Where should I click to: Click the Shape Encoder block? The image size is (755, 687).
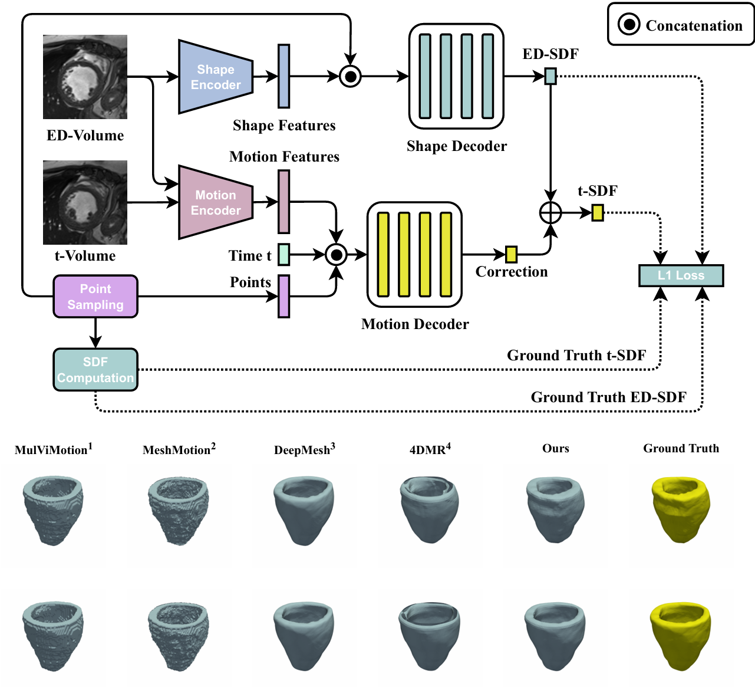click(216, 77)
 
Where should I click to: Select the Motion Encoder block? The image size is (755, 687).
click(216, 202)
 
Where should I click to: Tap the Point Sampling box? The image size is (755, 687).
click(95, 297)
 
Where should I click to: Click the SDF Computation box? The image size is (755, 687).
click(95, 370)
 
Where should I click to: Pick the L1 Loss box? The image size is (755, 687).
click(681, 275)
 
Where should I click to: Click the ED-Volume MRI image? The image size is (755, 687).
click(85, 77)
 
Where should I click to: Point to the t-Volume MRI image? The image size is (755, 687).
click(85, 202)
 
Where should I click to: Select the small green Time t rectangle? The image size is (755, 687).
click(283, 254)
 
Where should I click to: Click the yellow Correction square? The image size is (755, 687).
click(511, 254)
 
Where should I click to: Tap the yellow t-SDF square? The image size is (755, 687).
click(598, 212)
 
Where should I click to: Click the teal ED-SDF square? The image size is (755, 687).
click(550, 76)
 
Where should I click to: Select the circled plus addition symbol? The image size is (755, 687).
click(550, 212)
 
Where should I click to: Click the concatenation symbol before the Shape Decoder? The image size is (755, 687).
click(351, 76)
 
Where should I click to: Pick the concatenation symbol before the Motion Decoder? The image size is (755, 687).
click(336, 255)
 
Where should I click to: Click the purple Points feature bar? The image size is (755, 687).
click(283, 296)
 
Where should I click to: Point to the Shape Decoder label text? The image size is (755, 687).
click(456, 146)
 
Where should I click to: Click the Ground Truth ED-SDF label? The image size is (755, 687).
click(608, 397)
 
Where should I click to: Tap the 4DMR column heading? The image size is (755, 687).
click(430, 449)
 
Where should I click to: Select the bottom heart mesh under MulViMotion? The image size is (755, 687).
click(52, 636)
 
